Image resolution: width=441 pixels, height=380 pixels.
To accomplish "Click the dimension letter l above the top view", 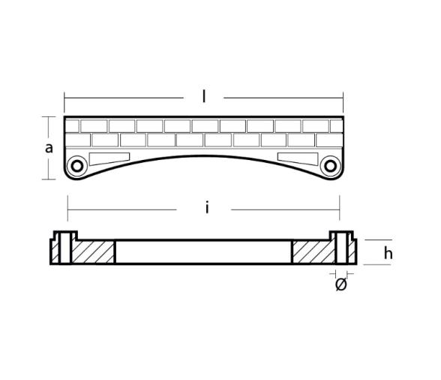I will [x=204, y=97].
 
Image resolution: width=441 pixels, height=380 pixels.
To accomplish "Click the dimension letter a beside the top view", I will [x=49, y=148].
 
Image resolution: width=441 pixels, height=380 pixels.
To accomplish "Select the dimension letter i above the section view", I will [x=207, y=208].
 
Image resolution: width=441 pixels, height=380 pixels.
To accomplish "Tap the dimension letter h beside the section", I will [x=388, y=253].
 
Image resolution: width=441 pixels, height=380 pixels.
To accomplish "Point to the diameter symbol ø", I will [x=340, y=285].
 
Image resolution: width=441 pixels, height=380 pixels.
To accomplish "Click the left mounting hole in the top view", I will [x=76, y=166].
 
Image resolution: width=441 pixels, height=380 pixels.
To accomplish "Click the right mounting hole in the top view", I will [x=330, y=166].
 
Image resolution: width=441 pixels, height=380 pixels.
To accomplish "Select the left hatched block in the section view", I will [x=92, y=252].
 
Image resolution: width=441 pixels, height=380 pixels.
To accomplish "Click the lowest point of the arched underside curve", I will [x=203, y=147].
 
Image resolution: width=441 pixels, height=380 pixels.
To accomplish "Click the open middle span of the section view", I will [x=203, y=252].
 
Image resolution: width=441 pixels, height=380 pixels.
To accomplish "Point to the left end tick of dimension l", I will [x=64, y=98].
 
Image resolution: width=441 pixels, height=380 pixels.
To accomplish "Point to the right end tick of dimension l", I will [x=343, y=98].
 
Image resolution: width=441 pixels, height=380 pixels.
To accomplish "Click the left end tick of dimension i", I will [x=68, y=203].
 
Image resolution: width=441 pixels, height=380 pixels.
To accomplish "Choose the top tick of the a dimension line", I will [x=50, y=116].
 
